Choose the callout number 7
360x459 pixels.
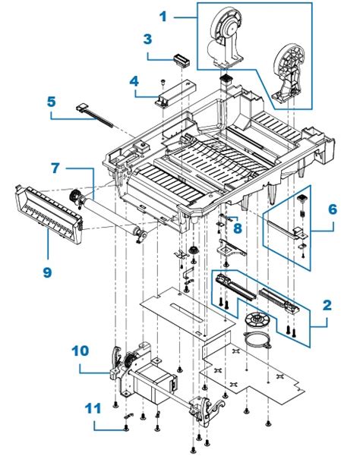tap(55, 166)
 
